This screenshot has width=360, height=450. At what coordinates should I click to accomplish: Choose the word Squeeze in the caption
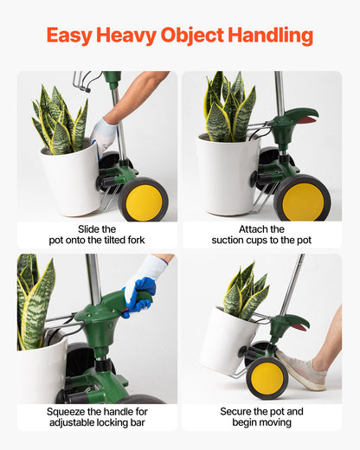coord(71,410)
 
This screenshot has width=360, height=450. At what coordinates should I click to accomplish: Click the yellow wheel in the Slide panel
coord(144,200)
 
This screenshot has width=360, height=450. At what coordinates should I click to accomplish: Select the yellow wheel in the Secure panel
coord(267,377)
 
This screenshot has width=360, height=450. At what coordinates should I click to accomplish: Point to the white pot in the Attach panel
coord(227,173)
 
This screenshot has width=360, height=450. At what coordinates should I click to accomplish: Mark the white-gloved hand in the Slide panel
coord(105,132)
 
